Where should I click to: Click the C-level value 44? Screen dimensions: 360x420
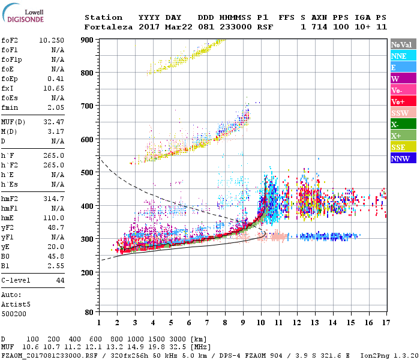(60, 280)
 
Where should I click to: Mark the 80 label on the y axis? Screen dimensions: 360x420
(89, 312)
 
